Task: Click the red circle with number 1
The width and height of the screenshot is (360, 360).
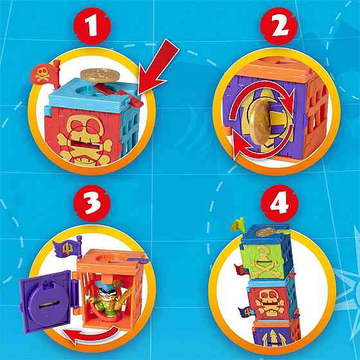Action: pyautogui.click(x=92, y=26)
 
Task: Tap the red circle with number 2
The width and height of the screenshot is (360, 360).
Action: pyautogui.click(x=279, y=26)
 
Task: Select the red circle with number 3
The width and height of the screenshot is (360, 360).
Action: pyautogui.click(x=92, y=203)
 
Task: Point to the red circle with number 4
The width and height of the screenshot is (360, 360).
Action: pyautogui.click(x=280, y=203)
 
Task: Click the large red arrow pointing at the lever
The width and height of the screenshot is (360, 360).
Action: pyautogui.click(x=158, y=67)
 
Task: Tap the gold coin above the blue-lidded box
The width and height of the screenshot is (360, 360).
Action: pyautogui.click(x=100, y=75)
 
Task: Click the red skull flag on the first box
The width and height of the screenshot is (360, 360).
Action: pyautogui.click(x=45, y=73)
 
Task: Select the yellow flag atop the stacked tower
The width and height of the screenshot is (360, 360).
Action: pyautogui.click(x=237, y=224)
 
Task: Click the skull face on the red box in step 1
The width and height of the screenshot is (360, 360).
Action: pyautogui.click(x=85, y=138)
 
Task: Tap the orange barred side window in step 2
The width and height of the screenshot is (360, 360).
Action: pyautogui.click(x=316, y=115)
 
